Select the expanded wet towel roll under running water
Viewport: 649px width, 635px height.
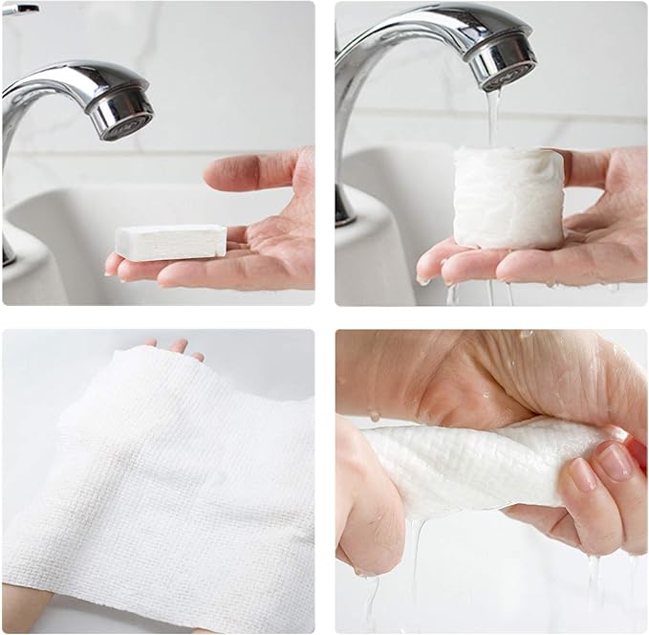point(508,199)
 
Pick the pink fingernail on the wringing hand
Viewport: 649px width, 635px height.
point(615,462)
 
